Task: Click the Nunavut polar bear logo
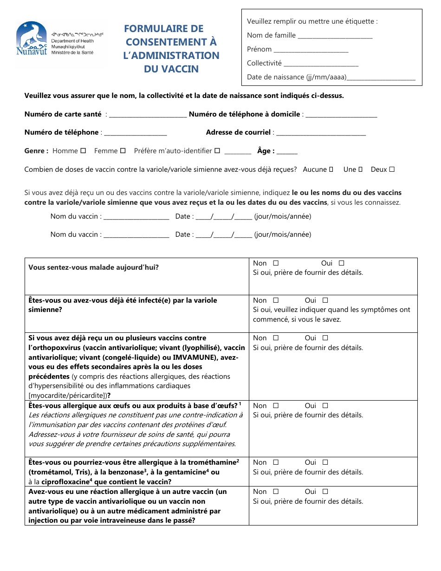click(x=32, y=39)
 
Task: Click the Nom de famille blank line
click(x=335, y=37)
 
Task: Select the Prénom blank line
click(x=311, y=51)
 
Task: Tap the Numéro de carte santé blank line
click(x=147, y=116)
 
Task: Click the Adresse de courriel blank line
click(x=321, y=134)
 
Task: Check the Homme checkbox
click(x=83, y=151)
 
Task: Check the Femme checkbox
click(x=123, y=151)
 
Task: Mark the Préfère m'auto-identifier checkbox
click(x=217, y=151)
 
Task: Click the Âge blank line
click(x=287, y=153)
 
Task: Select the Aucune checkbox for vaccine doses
click(x=331, y=169)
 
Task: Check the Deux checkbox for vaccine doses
click(x=392, y=169)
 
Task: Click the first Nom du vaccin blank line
click(x=136, y=218)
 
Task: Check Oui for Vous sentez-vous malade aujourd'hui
click(x=341, y=263)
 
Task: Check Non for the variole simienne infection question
click(x=276, y=300)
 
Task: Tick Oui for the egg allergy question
click(x=325, y=406)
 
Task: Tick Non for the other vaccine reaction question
click(x=276, y=492)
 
